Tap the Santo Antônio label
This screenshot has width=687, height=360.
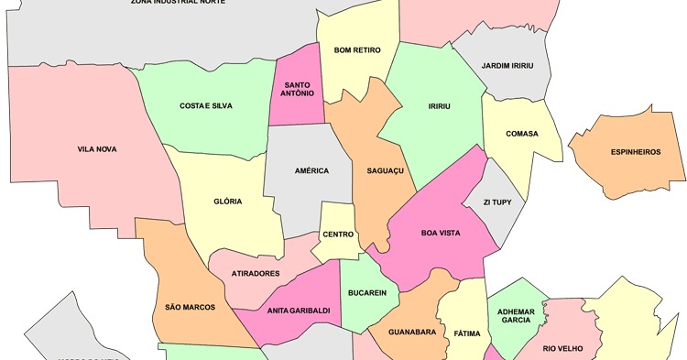[295, 88]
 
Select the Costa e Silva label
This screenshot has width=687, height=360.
[205, 106]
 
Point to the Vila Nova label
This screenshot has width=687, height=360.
[97, 149]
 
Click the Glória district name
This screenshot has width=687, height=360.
[227, 202]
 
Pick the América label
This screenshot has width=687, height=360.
[311, 171]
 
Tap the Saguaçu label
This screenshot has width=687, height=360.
[385, 171]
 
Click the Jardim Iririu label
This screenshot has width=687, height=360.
[514, 65]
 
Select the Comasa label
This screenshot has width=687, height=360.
[521, 134]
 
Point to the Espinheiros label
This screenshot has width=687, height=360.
[635, 152]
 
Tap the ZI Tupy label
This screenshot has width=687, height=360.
[505, 202]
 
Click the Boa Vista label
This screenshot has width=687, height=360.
[440, 233]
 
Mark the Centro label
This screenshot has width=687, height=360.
[338, 235]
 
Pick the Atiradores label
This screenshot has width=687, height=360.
[256, 273]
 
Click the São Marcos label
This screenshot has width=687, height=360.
[190, 308]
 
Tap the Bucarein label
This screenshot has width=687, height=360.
[367, 293]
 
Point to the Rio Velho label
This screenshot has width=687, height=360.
[562, 348]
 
